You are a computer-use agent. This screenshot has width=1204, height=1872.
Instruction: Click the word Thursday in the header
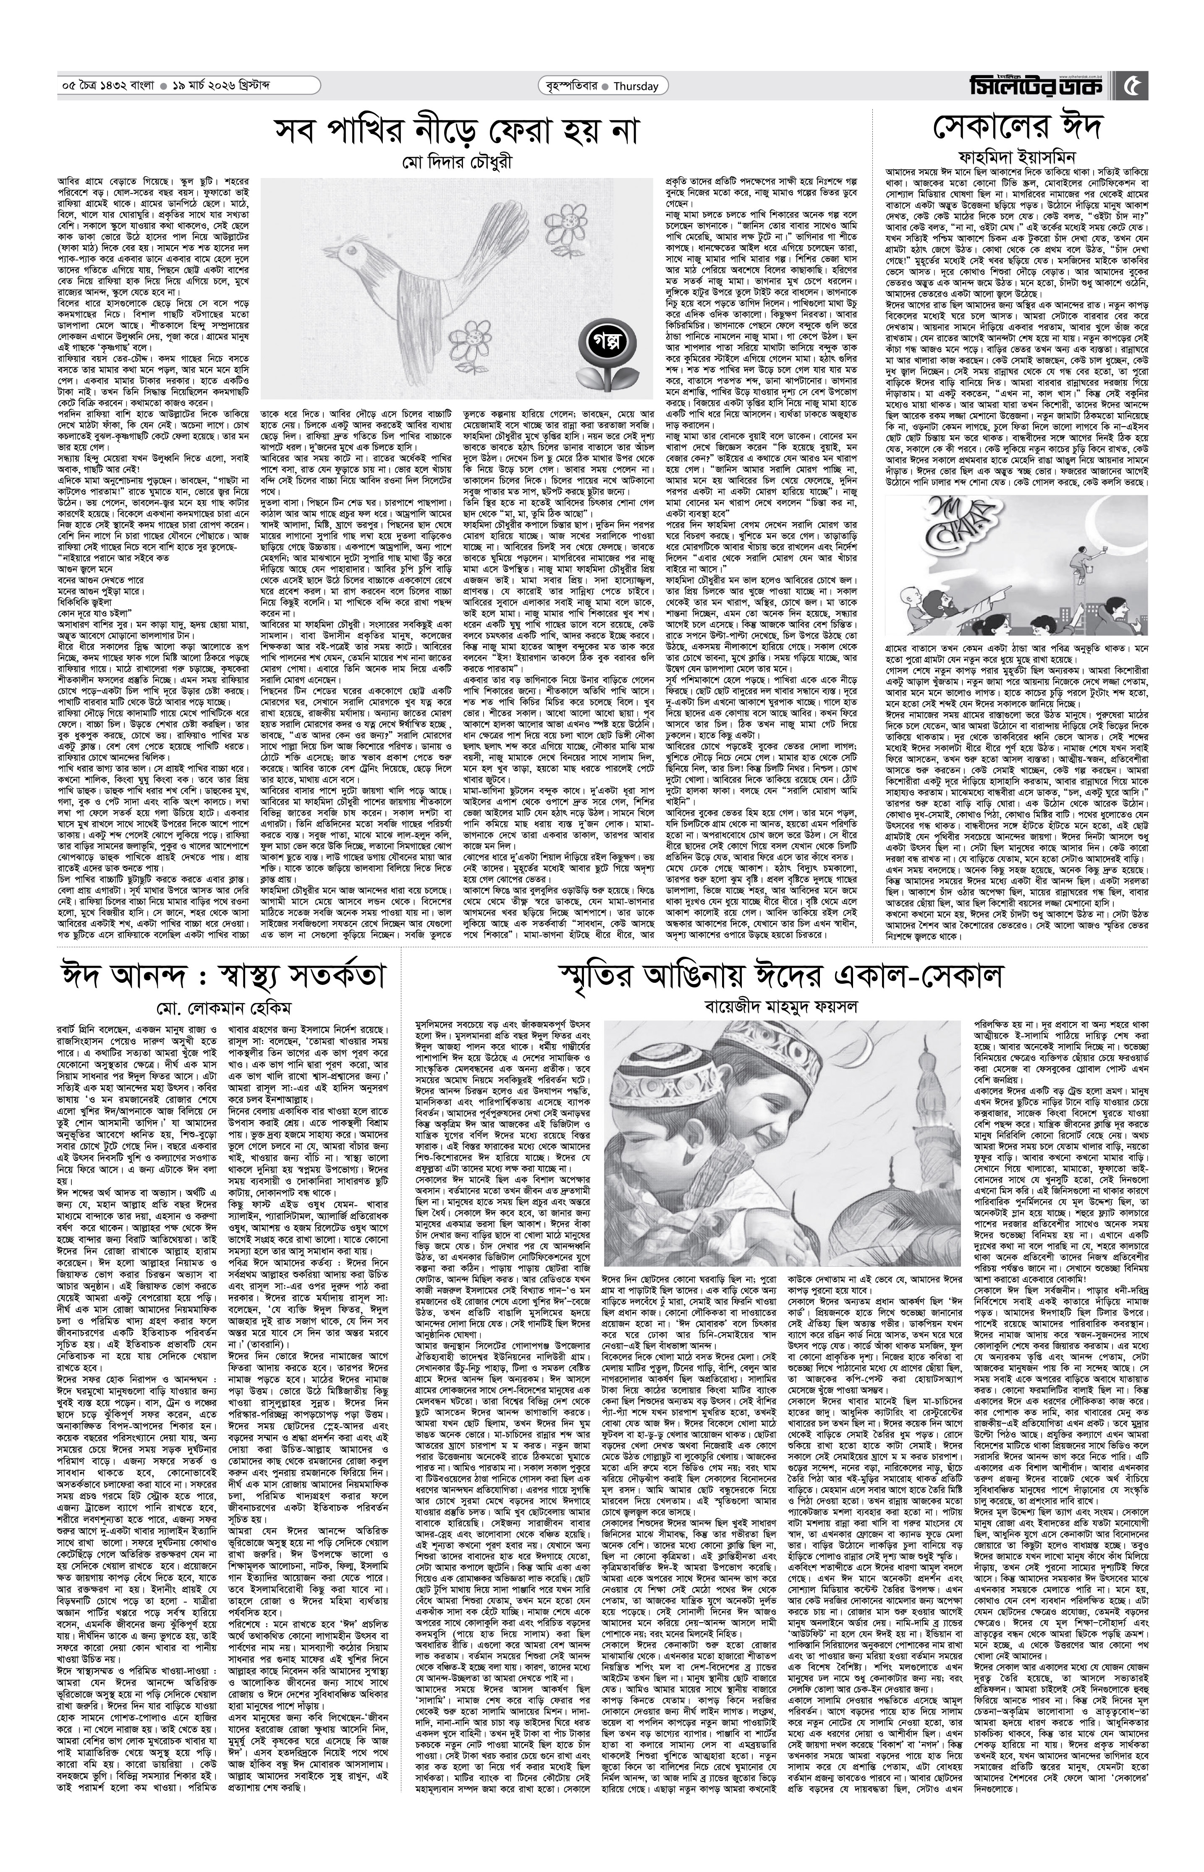pos(634,87)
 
